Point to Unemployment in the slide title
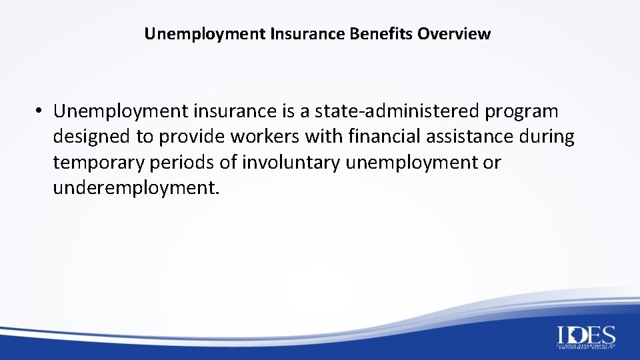[x=205, y=33]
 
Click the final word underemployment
[x=135, y=189]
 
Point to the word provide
[x=193, y=137]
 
